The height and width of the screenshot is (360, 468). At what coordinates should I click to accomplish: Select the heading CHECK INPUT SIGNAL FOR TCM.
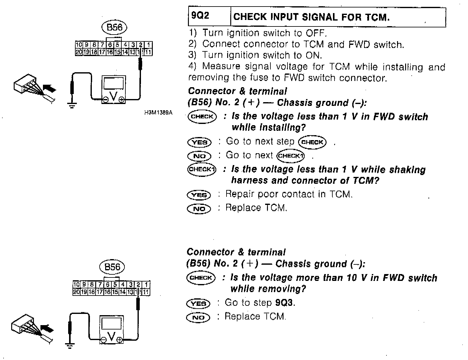coord(311,17)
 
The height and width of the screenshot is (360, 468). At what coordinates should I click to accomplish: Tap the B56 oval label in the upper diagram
coord(115,28)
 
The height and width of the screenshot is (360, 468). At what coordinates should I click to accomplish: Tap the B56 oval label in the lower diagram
coord(112,267)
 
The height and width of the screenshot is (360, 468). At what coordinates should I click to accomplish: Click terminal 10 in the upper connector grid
coord(78,45)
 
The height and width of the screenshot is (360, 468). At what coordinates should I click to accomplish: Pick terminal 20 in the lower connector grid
coord(76,292)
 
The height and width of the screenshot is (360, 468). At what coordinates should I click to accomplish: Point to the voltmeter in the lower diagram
coord(111,329)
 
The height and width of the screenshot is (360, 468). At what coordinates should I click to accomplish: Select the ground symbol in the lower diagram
coord(70,345)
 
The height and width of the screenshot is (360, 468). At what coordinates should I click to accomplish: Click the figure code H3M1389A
coord(158,112)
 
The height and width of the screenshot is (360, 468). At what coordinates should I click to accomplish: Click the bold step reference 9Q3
coord(285,303)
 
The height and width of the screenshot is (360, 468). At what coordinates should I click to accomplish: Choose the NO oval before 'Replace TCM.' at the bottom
coord(198,317)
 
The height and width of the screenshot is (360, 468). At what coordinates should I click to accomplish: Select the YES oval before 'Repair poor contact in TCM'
coord(199,195)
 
